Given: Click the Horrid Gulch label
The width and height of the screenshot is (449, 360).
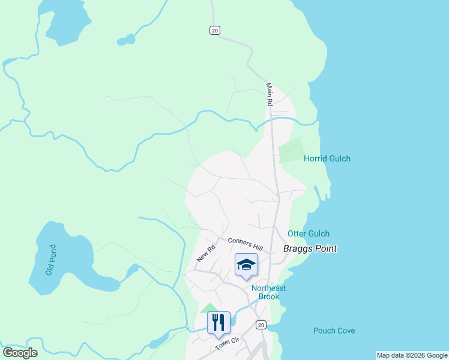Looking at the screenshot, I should pos(327,158).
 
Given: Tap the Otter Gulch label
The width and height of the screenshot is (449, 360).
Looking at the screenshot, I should pos(309,233).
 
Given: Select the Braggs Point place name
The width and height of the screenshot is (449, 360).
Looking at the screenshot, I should pos(310,248).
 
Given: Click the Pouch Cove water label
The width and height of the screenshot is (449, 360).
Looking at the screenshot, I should pos(334,331).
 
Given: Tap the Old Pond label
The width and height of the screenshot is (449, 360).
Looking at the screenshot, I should pos(51,260).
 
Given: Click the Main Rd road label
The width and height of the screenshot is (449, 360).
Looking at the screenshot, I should pos(270,95).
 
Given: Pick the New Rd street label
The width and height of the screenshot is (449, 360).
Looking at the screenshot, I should pos(206,253).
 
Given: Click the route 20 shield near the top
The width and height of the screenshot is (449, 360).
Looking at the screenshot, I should pos(215,30).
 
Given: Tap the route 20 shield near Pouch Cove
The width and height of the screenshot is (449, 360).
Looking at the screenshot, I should pos(260,325).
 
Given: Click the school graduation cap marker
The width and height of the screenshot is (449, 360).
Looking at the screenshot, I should pos(246,265).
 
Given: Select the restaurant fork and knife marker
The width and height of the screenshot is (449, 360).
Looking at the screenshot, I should pos(218,322).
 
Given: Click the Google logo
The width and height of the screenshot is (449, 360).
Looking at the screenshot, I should pos(20,353).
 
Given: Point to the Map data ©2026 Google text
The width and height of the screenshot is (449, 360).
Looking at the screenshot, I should pos(411,355).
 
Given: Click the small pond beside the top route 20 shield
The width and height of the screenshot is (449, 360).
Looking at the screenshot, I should pos(127,41).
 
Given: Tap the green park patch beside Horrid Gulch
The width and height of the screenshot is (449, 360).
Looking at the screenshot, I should pos(290,151).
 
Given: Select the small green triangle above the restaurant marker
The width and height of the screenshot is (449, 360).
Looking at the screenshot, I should pos(209,308).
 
